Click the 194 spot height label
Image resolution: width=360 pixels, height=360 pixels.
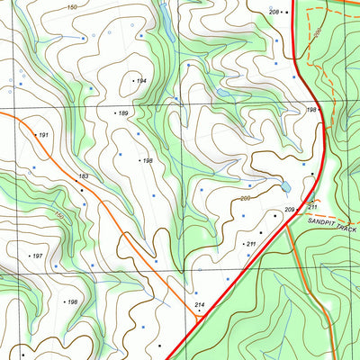pyautogui.click(x=141, y=81)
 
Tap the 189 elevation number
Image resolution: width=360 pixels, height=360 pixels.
pyautogui.click(x=123, y=112)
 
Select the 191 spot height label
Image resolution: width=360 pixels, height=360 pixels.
pyautogui.click(x=42, y=135)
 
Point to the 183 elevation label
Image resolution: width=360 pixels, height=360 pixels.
pyautogui.click(x=84, y=176)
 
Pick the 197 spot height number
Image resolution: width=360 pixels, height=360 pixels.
pyautogui.click(x=38, y=256)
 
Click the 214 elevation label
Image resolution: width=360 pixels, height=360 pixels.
pyautogui.click(x=200, y=306)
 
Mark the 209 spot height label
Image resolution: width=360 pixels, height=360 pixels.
pyautogui.click(x=290, y=210)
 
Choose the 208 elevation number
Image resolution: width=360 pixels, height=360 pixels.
pyautogui.click(x=274, y=12)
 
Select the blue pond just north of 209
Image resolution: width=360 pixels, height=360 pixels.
pyautogui.click(x=285, y=187)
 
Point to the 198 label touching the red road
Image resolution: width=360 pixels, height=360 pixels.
pyautogui.click(x=311, y=110)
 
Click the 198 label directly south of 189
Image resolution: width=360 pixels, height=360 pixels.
pyautogui.click(x=148, y=161)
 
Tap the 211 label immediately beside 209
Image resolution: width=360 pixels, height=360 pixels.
pyautogui.click(x=312, y=206)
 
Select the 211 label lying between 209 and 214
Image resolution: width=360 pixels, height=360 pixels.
pyautogui.click(x=251, y=244)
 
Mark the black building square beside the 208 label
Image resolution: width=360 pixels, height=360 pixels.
pyautogui.click(x=285, y=12)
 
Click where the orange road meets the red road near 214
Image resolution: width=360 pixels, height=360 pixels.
pyautogui.click(x=198, y=317)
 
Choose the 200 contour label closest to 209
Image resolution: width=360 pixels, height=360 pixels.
pyautogui.click(x=245, y=198)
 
